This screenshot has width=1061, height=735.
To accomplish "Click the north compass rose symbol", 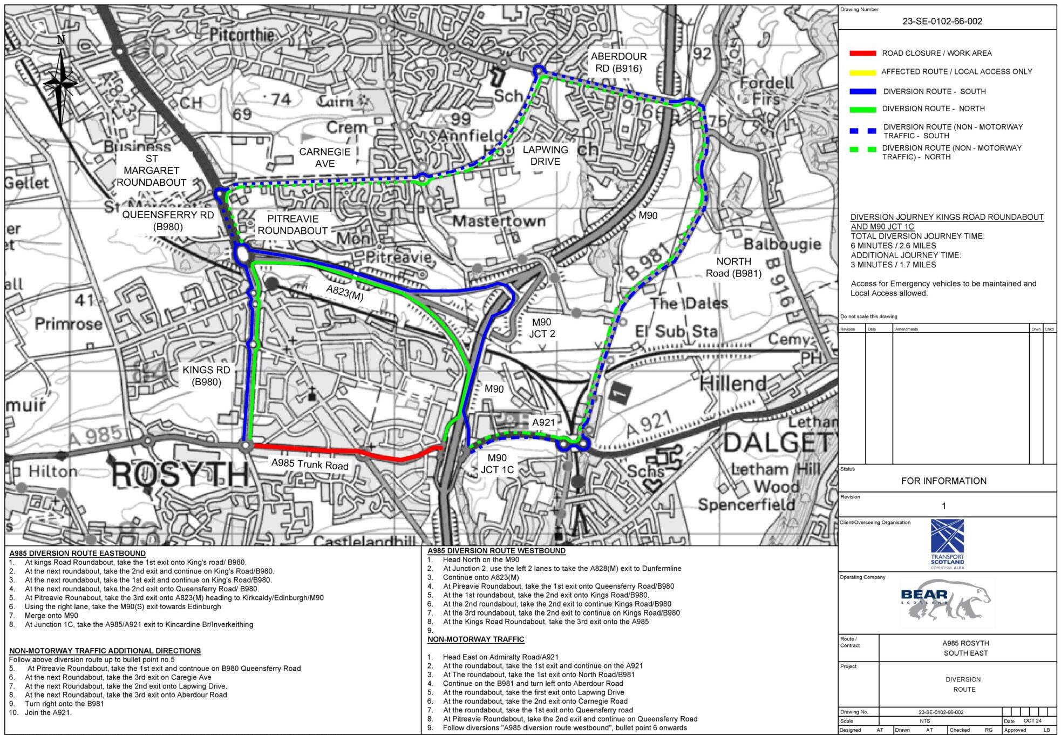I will [61, 83].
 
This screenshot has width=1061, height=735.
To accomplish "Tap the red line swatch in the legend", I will [862, 53].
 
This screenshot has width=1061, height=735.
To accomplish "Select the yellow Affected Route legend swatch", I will [862, 72].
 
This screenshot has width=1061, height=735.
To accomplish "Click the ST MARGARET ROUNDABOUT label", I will [152, 171].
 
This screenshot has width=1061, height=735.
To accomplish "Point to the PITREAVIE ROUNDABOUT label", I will [293, 225].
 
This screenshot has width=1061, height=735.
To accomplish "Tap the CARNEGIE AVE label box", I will [325, 158].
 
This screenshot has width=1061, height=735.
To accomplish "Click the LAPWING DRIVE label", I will [545, 156].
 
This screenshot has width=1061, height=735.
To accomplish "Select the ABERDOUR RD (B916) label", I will [618, 62].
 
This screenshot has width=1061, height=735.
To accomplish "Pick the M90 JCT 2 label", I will [542, 328].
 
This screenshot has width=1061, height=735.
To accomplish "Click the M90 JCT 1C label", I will [497, 464].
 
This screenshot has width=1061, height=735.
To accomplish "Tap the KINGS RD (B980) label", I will [206, 376].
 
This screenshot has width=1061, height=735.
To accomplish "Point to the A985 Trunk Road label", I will [310, 464].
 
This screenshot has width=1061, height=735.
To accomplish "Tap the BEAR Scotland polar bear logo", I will [947, 600].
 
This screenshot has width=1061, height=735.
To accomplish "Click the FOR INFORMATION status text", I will [943, 481].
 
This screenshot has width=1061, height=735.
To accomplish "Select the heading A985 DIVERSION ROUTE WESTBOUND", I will [497, 551].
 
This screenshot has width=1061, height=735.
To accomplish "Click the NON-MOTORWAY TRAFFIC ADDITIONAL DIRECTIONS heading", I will [105, 651].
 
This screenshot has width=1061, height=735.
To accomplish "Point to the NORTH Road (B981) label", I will [733, 267].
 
